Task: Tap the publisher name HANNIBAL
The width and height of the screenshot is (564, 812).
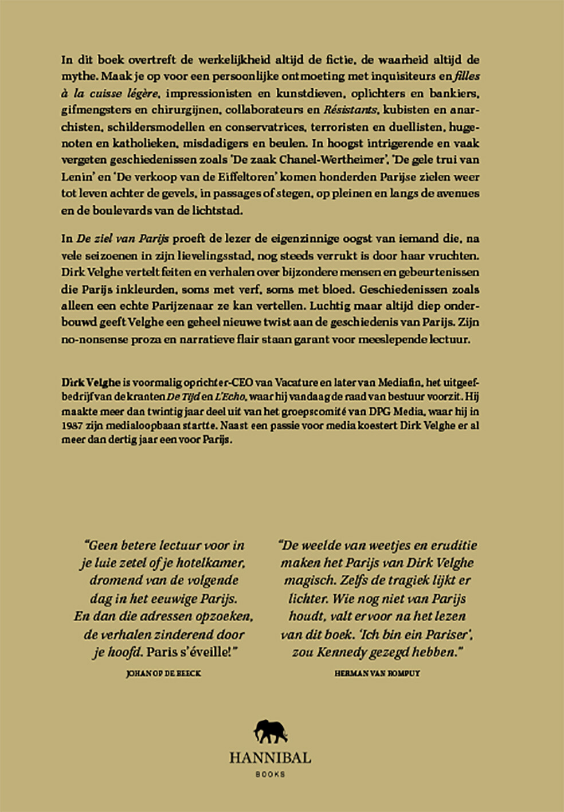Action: [x=270, y=758]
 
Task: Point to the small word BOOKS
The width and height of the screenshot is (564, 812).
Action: [x=270, y=774]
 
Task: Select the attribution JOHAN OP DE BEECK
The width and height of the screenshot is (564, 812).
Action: [x=163, y=673]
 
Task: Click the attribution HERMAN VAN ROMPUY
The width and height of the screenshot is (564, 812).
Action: [x=377, y=673]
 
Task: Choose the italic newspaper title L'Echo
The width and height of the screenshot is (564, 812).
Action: [x=231, y=397]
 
